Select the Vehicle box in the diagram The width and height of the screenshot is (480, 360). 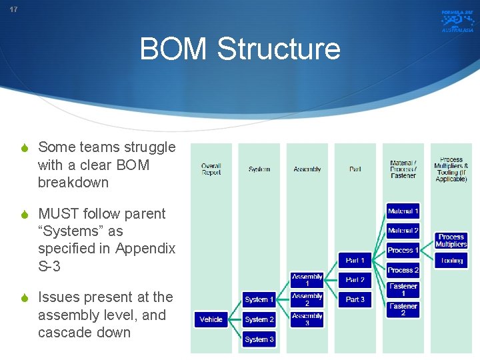click(211, 319)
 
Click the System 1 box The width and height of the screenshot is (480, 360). click(259, 299)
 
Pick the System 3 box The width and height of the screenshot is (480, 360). click(259, 339)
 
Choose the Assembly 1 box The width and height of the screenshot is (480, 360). click(307, 280)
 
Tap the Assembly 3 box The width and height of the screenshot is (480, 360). click(307, 319)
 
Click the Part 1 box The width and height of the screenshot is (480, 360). click(355, 260)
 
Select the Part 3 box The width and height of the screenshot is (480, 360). click(355, 299)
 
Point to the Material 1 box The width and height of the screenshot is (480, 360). click(403, 211)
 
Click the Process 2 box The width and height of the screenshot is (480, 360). click(403, 270)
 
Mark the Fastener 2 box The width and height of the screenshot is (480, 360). click(403, 309)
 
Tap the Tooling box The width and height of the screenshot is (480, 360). click(451, 261)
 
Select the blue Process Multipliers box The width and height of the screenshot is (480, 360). click(451, 240)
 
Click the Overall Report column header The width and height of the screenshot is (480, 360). click(211, 169)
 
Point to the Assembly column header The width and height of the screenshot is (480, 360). click(307, 169)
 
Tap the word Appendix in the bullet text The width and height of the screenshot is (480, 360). click(145, 249)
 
